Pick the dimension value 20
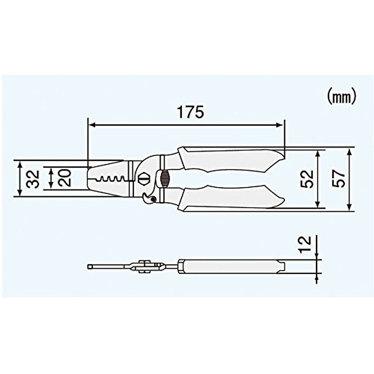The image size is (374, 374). (65, 178)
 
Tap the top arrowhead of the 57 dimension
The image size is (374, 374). (350, 151)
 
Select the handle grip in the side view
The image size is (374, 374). (234, 267)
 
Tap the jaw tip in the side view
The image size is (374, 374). (90, 266)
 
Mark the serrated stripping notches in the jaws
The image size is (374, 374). (111, 179)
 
